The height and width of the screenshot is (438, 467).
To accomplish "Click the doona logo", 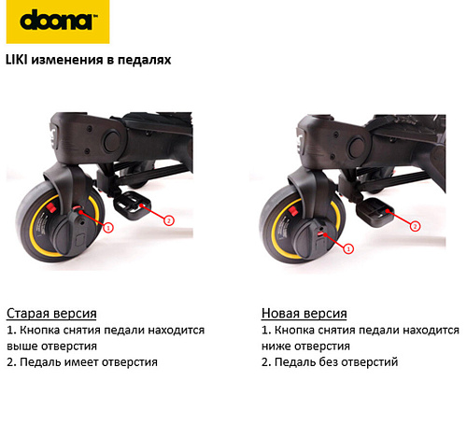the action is (58, 21).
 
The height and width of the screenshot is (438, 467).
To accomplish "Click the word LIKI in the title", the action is (17, 60).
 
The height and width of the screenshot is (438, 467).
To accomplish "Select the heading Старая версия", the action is (51, 313).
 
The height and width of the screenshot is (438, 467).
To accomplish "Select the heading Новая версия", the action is (304, 313).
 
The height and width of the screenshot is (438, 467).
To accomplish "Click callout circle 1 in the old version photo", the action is (108, 228).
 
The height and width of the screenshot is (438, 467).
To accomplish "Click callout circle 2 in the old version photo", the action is (169, 220).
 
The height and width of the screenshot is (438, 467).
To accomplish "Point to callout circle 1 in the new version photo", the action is (348, 248).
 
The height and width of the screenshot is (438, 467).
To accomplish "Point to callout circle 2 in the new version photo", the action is (415, 226).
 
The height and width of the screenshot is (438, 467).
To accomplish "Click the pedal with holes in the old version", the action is (132, 205).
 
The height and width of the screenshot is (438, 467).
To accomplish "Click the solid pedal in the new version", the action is (375, 212).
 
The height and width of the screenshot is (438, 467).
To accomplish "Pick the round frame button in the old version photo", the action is (111, 141).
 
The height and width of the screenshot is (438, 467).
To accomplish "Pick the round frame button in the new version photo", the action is (357, 146).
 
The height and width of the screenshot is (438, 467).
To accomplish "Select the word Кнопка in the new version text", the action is (294, 331).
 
